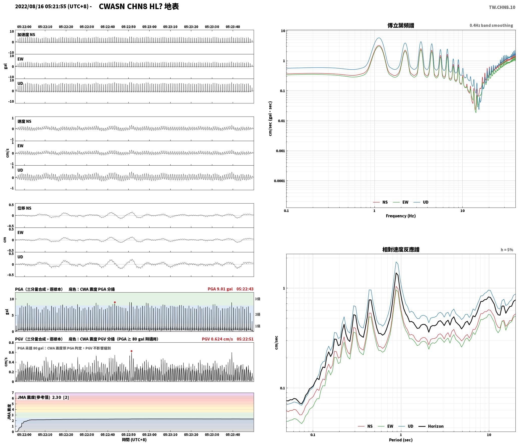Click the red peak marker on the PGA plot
click(x=115, y=302)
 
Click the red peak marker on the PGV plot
click(x=131, y=351)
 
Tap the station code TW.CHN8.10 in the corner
click(x=502, y=7)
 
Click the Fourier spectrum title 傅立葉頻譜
click(x=401, y=25)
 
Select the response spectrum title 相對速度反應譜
click(x=401, y=250)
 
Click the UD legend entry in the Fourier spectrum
click(x=426, y=202)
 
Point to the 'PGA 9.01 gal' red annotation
click(x=220, y=289)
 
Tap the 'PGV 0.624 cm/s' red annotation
click(x=217, y=339)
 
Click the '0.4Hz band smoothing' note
click(x=491, y=26)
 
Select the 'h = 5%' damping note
click(x=507, y=250)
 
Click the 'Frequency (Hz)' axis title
click(x=401, y=216)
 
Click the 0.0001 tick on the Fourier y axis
click(x=279, y=181)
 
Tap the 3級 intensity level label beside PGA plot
click(x=257, y=299)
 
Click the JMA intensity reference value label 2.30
click(x=57, y=397)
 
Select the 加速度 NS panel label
click(x=26, y=35)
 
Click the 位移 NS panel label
click(x=24, y=208)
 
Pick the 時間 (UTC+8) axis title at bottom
click(x=134, y=440)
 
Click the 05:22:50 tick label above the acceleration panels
click(x=128, y=27)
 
